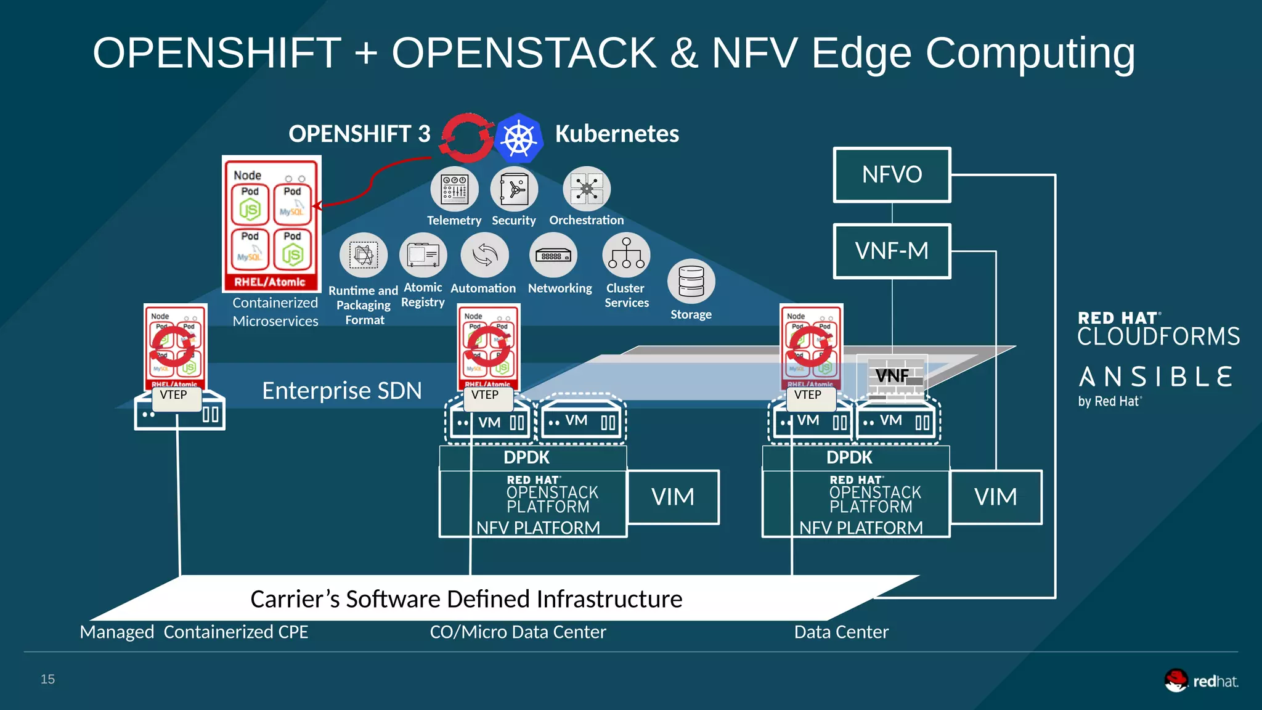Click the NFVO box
892,175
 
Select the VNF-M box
892,251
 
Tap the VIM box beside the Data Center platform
995,497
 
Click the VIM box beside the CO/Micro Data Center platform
672,497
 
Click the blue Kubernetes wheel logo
519,137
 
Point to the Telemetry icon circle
454,189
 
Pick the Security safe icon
514,189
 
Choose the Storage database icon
691,281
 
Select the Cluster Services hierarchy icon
626,255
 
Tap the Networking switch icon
553,255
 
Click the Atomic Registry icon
423,255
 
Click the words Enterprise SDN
342,391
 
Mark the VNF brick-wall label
892,375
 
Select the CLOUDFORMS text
1158,337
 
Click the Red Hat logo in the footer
1200,680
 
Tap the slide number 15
47,679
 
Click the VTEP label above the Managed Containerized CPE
174,395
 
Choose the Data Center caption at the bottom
841,632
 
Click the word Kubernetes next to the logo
617,134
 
